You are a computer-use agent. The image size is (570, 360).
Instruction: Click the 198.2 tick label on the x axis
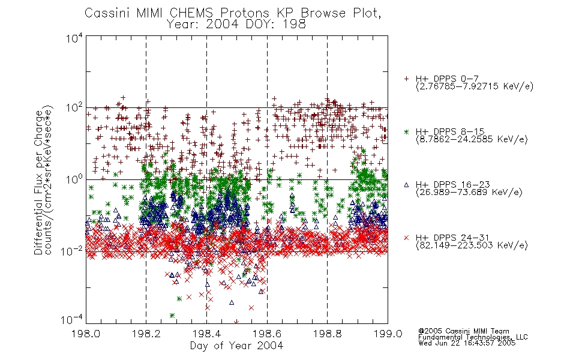146,334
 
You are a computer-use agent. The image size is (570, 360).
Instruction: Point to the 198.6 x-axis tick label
267,334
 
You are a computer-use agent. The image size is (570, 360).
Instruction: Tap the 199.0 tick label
388,334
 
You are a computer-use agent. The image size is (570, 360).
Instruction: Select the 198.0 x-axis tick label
86,334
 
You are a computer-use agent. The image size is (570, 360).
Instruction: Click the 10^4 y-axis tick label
74,37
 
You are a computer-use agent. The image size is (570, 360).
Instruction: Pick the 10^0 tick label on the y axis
74,179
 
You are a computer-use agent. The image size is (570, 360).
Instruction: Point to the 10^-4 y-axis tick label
71,320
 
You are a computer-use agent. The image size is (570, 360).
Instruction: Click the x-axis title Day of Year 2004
236,346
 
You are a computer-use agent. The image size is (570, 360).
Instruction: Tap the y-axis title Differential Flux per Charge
38,182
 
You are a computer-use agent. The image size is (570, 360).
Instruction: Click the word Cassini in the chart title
108,13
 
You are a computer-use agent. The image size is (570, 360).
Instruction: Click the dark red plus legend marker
406,79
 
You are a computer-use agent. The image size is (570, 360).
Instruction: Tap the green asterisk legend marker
406,131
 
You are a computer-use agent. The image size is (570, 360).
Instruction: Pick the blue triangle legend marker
406,185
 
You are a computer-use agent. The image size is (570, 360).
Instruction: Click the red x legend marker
406,238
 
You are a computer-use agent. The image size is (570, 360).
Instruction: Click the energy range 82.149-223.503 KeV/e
472,245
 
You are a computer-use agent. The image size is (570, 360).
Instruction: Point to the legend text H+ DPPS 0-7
447,79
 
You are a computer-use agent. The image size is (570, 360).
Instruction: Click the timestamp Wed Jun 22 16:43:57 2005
467,343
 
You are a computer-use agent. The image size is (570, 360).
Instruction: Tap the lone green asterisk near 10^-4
172,315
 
